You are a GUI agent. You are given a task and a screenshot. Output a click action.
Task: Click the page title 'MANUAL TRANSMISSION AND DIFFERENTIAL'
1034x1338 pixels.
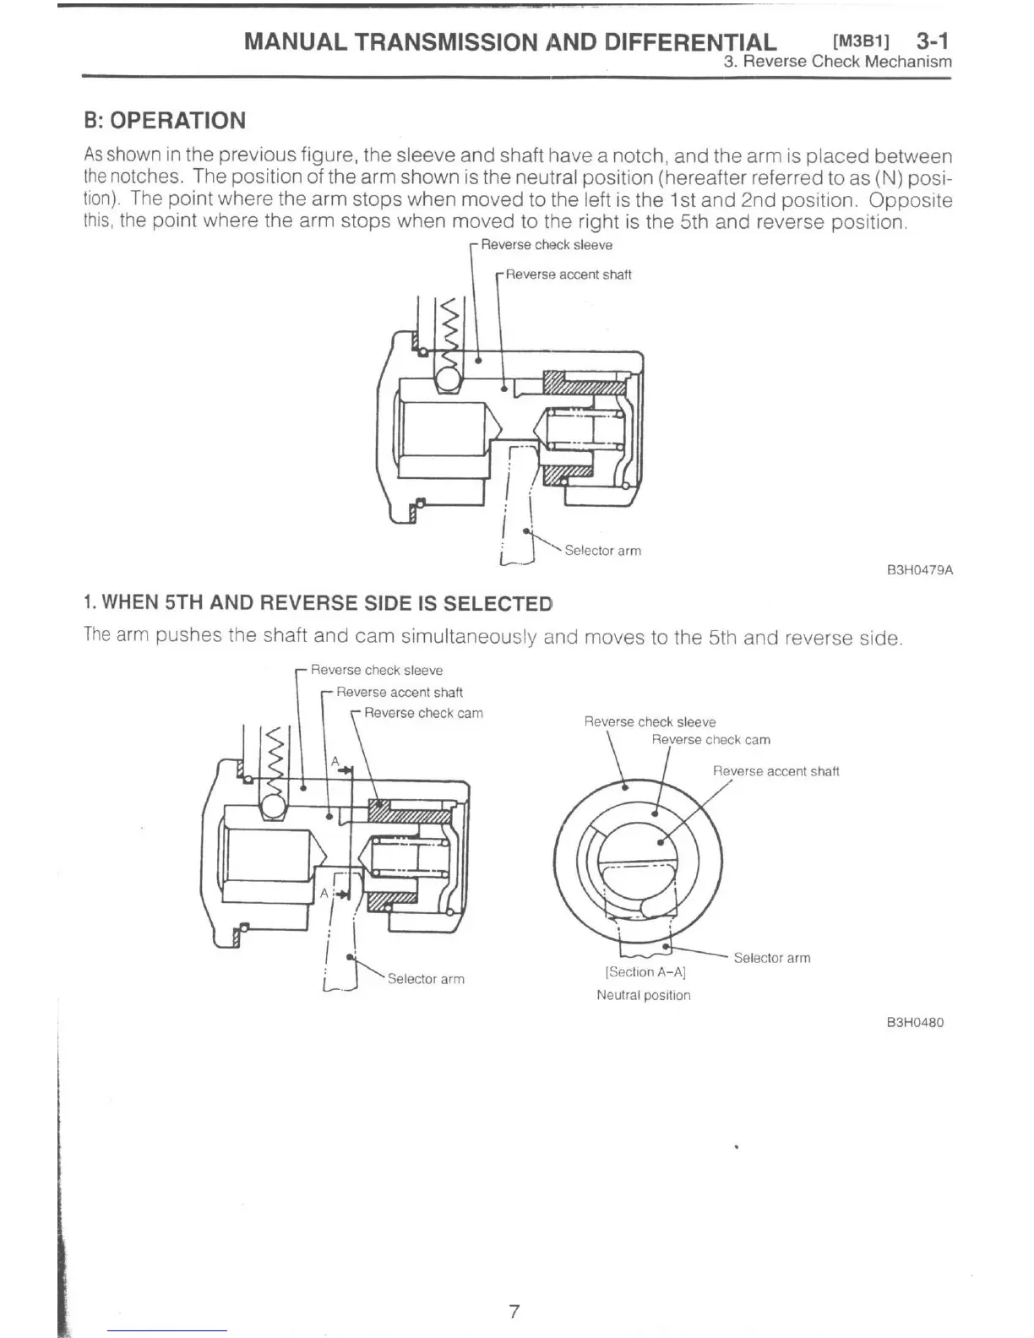pyautogui.click(x=509, y=41)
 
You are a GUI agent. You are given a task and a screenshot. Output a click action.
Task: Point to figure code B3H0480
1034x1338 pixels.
pyautogui.click(x=915, y=1022)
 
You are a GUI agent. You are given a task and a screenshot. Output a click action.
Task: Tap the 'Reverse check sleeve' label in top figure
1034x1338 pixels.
pyautogui.click(x=547, y=245)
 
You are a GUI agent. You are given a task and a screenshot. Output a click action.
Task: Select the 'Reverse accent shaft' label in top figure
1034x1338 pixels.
pyautogui.click(x=568, y=275)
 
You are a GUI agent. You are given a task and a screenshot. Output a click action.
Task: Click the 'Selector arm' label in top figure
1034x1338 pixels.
pyautogui.click(x=602, y=551)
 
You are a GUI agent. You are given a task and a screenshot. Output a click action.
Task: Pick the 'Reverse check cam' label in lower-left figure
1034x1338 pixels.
pyautogui.click(x=423, y=713)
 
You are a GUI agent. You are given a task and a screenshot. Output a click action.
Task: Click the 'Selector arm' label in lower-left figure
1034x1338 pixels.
pyautogui.click(x=426, y=979)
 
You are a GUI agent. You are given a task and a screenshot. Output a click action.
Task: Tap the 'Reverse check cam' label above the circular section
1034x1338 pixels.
pyautogui.click(x=710, y=740)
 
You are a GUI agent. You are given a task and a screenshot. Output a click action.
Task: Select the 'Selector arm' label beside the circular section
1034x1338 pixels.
pyautogui.click(x=771, y=958)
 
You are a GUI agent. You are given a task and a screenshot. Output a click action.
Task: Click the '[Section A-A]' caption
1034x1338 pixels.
pyautogui.click(x=645, y=972)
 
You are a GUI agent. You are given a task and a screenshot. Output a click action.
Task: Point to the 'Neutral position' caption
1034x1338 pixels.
pyautogui.click(x=643, y=995)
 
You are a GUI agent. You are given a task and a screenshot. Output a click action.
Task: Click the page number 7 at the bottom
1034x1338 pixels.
pyautogui.click(x=514, y=1311)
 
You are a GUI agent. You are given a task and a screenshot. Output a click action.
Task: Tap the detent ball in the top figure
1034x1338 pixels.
pyautogui.click(x=449, y=379)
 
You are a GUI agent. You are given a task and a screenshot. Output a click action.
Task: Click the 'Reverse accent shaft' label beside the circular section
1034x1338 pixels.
pyautogui.click(x=775, y=771)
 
